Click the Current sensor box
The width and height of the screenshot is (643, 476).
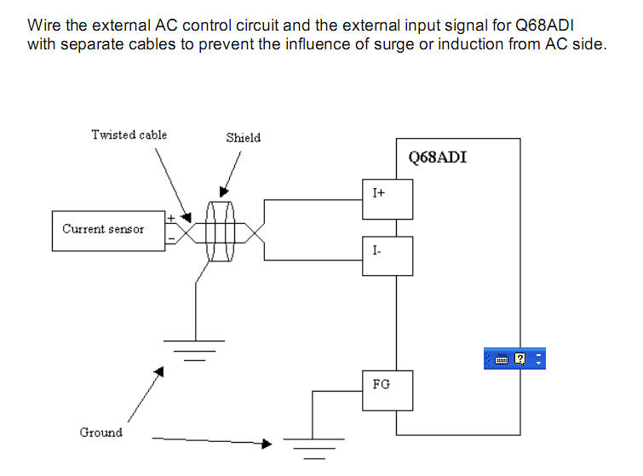(x=107, y=231)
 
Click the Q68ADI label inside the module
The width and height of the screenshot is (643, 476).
(x=437, y=158)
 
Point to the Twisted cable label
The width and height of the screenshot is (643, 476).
(x=129, y=135)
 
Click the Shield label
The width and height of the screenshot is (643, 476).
(x=243, y=137)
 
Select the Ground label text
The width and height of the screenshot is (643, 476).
(x=101, y=433)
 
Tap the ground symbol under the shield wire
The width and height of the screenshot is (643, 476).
(x=196, y=347)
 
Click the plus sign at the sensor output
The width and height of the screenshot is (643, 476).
(x=170, y=218)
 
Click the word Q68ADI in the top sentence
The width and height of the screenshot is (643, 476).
(x=540, y=25)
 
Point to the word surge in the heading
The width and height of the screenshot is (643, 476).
(x=394, y=43)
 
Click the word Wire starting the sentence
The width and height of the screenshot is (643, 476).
(x=44, y=25)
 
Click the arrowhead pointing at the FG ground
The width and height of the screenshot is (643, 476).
(x=267, y=444)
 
